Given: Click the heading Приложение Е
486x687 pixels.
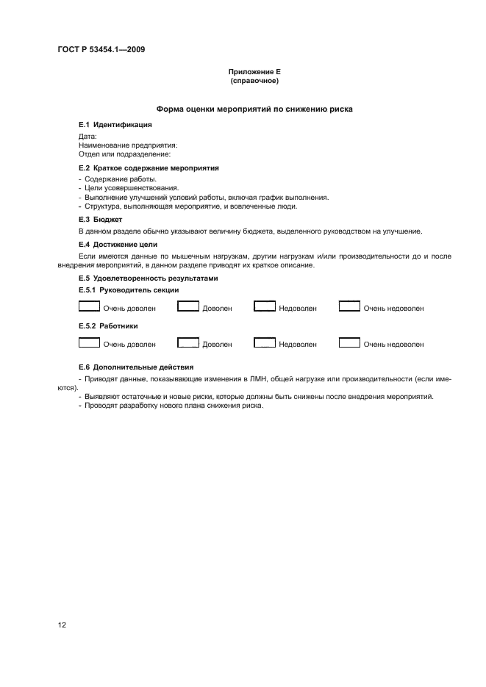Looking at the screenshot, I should (x=254, y=72).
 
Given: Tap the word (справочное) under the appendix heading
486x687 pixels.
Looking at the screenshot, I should (x=254, y=81).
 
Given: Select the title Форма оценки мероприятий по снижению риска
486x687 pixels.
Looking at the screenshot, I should (x=254, y=109).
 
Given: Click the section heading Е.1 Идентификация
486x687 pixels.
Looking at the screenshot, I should (x=115, y=125).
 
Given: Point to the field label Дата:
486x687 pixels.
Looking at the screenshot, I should (x=87, y=137).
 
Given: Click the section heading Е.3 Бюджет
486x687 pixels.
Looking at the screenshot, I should (x=100, y=219).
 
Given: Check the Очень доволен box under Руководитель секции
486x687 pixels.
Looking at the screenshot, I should (x=89, y=307).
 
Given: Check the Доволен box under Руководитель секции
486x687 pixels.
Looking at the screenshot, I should (x=188, y=307).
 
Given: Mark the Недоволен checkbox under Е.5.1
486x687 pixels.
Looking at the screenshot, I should (x=265, y=307).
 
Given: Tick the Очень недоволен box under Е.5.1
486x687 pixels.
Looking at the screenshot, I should (x=349, y=307).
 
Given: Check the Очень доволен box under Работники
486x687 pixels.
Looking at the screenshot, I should (x=89, y=342).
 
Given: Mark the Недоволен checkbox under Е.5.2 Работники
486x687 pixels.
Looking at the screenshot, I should (x=265, y=342).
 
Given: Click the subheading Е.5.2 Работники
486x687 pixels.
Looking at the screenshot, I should (x=108, y=325).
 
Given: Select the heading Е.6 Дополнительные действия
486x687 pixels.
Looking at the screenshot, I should (x=136, y=366).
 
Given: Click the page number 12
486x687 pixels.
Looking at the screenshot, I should (x=62, y=625).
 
